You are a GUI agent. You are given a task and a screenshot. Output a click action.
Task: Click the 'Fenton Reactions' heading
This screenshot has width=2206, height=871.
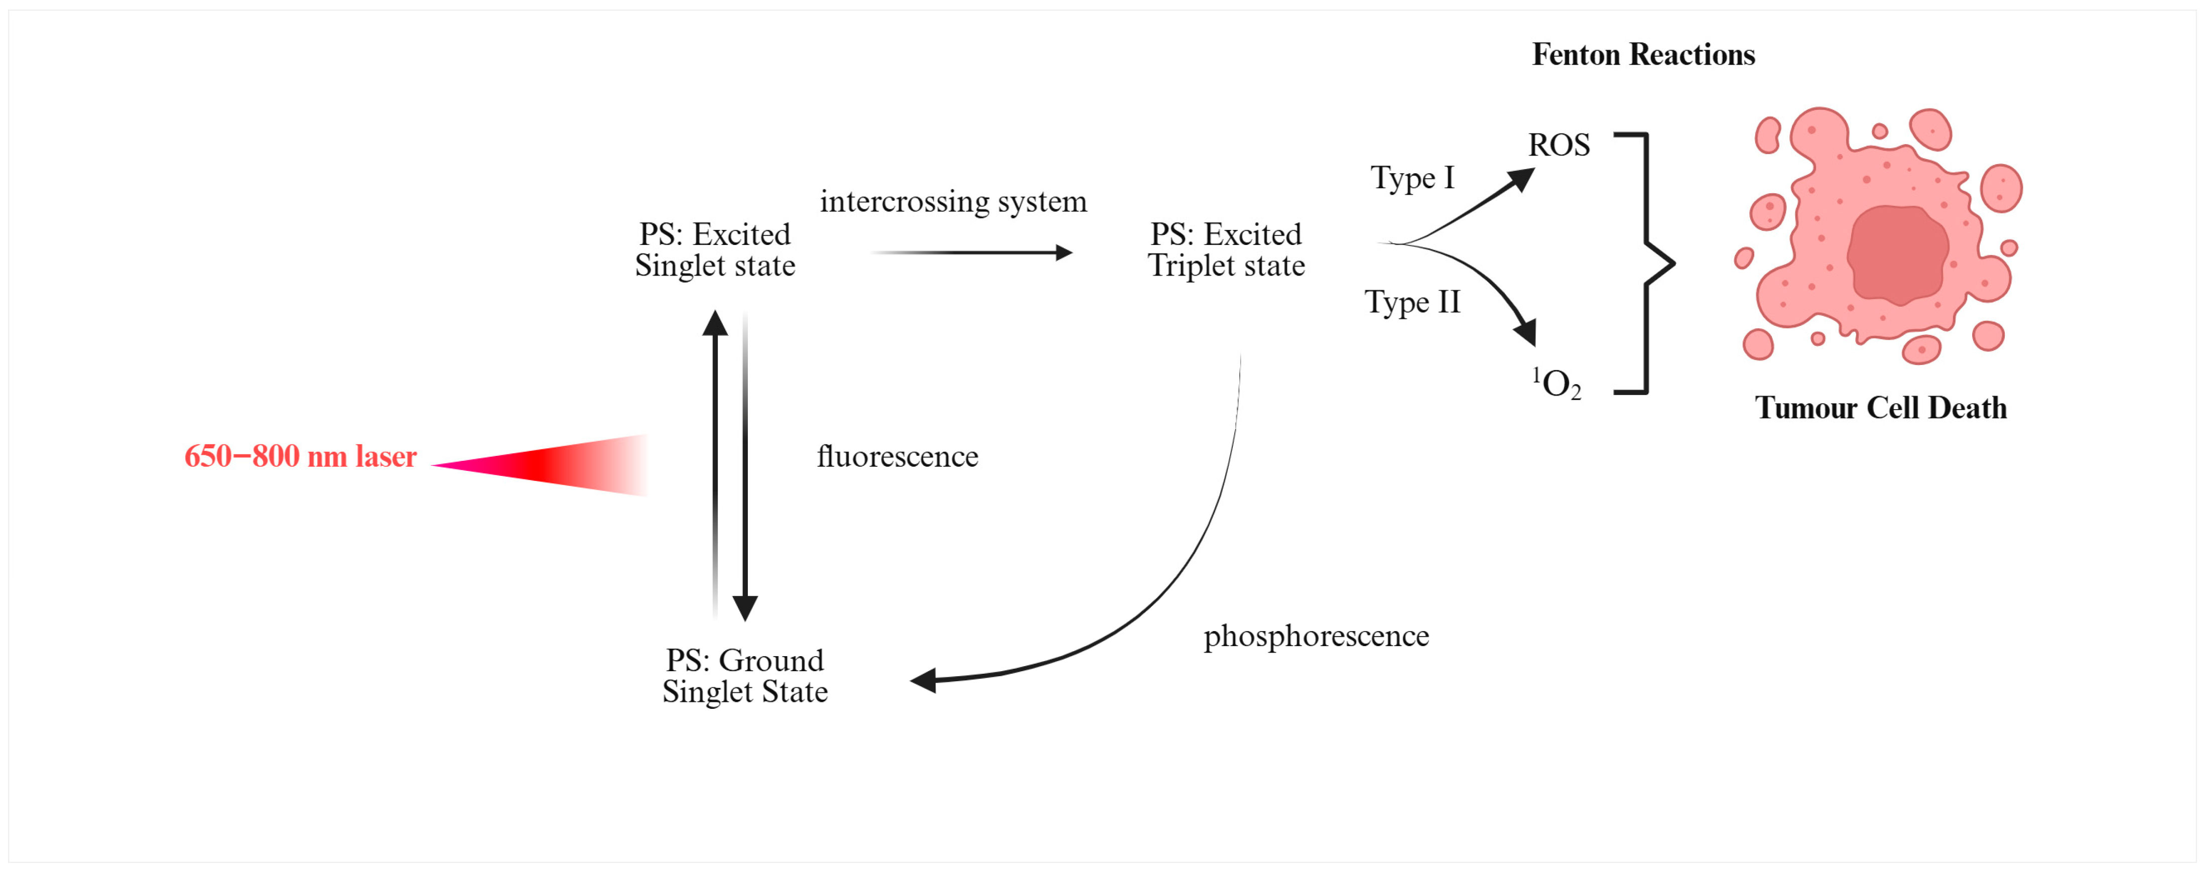(1642, 55)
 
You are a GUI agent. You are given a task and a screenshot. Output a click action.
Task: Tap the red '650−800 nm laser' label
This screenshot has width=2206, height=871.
(301, 456)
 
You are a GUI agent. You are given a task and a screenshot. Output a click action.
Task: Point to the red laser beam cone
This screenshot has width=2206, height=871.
(557, 465)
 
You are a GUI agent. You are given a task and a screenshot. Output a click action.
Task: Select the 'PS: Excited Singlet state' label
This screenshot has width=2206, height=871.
(715, 249)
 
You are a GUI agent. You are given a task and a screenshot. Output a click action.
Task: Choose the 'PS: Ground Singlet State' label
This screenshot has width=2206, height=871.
(744, 676)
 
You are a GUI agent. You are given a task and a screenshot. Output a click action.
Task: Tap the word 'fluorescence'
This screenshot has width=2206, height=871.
(896, 456)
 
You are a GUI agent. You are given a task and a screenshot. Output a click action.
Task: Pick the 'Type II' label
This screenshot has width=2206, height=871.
(1411, 302)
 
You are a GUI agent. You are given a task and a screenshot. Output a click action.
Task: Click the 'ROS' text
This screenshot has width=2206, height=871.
(1559, 145)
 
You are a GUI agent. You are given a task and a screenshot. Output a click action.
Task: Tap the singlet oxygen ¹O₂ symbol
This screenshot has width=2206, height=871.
(1556, 384)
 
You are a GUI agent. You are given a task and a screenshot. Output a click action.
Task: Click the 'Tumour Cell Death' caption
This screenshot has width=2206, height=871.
(1881, 408)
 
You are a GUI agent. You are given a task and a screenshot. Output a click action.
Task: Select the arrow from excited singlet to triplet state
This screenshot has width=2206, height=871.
(972, 253)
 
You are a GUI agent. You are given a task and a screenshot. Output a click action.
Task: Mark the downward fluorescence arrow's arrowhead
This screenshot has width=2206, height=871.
(745, 608)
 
